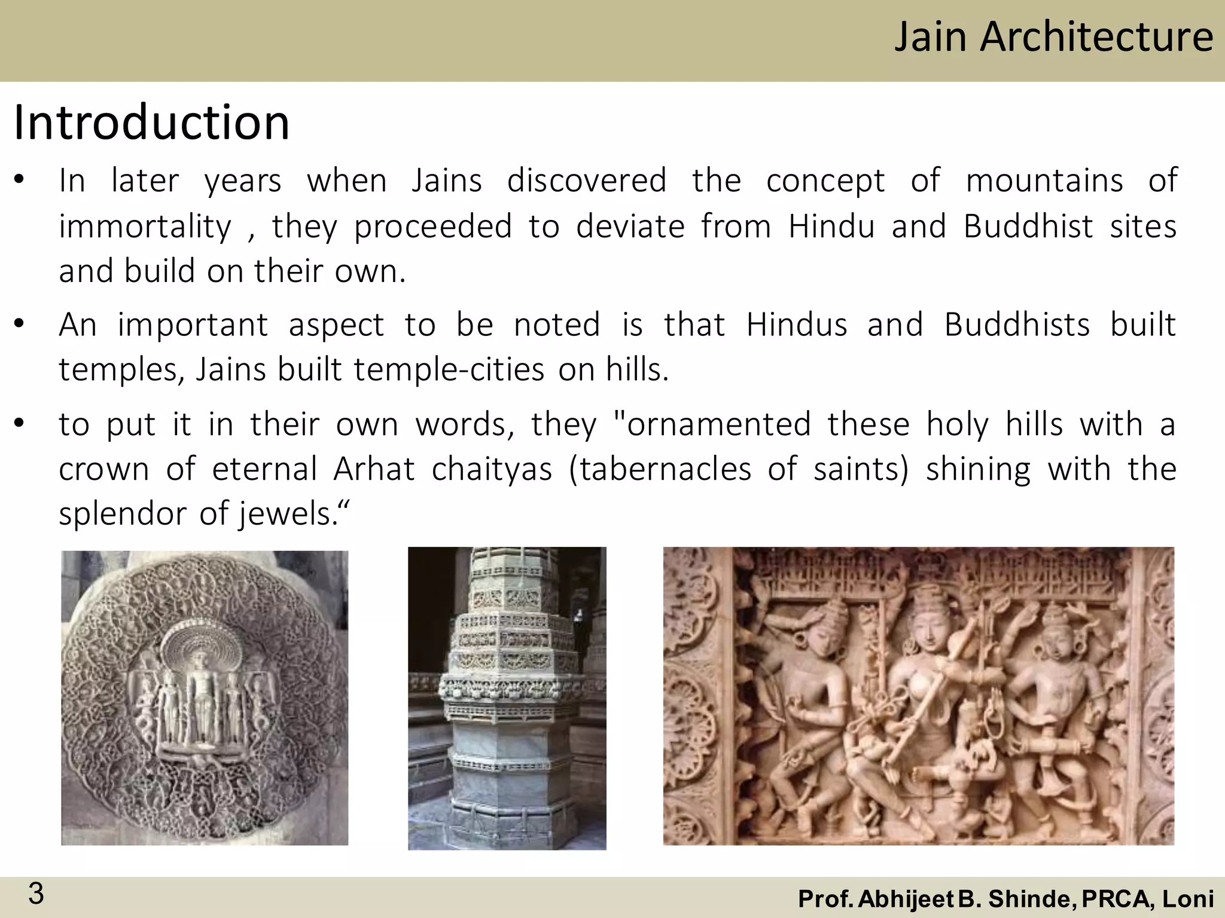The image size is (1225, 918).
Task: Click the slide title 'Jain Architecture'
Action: click(x=1053, y=37)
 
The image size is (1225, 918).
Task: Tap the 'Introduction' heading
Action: click(x=151, y=123)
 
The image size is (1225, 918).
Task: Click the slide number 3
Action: click(x=36, y=894)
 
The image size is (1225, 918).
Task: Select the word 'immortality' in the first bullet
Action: click(x=145, y=227)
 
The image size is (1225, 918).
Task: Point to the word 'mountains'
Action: click(x=1044, y=180)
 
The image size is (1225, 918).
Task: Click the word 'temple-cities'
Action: click(x=449, y=369)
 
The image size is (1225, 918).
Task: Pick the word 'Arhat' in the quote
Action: click(x=374, y=469)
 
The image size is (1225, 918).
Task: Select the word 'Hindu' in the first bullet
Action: click(x=831, y=227)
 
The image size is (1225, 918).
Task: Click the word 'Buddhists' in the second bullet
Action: click(x=1017, y=325)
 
